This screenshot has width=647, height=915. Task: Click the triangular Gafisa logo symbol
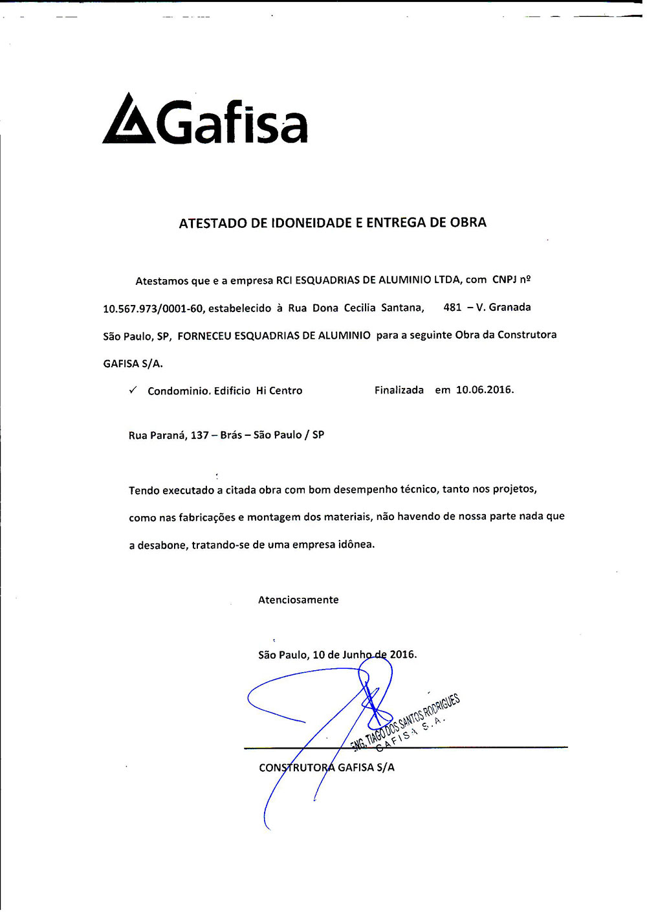129,120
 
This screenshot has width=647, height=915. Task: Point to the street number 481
452,307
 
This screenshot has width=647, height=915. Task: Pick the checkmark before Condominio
133,390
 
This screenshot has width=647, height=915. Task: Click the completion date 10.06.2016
485,390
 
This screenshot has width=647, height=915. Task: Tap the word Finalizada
399,390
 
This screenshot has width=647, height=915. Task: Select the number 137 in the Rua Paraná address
199,435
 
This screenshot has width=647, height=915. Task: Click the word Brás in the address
231,435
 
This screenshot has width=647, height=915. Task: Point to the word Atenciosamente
298,600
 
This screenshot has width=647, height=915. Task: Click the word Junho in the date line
357,655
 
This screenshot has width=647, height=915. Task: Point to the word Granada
510,307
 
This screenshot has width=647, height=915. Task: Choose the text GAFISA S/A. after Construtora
133,363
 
